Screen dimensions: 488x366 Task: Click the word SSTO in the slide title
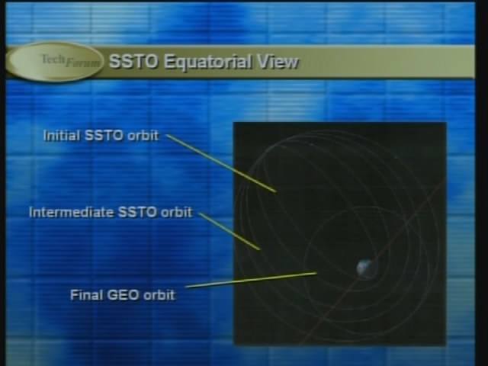pyautogui.click(x=133, y=61)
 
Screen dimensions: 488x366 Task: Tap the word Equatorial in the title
pyautogui.click(x=207, y=62)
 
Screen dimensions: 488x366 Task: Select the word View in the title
pyautogui.click(x=278, y=62)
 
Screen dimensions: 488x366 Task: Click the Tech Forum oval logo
pyautogui.click(x=55, y=61)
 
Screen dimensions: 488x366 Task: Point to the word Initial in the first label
pyautogui.click(x=61, y=136)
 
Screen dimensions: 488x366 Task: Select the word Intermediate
pyautogui.click(x=71, y=212)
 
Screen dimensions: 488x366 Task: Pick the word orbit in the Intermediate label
pyautogui.click(x=176, y=212)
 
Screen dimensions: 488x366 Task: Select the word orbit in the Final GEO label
pyautogui.click(x=159, y=295)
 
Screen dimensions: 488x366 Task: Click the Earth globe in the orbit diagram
pyautogui.click(x=366, y=268)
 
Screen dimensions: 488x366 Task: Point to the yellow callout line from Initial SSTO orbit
pyautogui.click(x=221, y=163)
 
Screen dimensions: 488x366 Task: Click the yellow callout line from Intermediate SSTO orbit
pyautogui.click(x=230, y=231)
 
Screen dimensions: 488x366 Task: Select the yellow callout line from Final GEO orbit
pyautogui.click(x=252, y=280)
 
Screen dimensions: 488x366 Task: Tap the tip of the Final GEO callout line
pyautogui.click(x=317, y=273)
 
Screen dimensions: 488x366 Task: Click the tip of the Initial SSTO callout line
pyautogui.click(x=276, y=191)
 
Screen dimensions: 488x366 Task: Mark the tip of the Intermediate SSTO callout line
pyautogui.click(x=259, y=249)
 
